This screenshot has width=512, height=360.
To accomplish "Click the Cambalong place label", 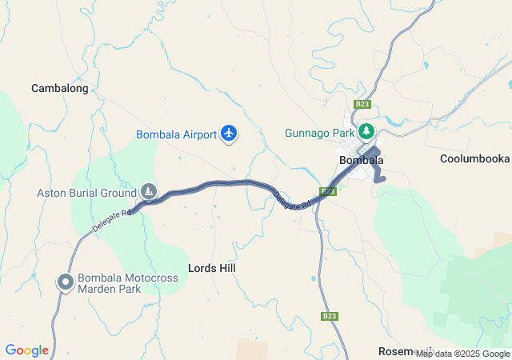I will (59, 89).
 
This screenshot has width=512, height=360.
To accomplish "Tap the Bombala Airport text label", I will (177, 134).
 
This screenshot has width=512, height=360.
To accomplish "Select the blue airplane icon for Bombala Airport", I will (230, 133).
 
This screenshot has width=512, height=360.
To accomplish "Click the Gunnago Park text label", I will (318, 133).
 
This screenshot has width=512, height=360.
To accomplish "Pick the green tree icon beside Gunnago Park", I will (366, 131).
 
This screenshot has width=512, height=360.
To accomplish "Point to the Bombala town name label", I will (362, 160).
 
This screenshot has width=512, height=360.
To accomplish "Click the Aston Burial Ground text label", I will (86, 192).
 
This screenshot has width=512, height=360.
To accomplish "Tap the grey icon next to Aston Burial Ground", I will (149, 191).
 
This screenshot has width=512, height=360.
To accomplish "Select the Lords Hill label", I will (212, 268).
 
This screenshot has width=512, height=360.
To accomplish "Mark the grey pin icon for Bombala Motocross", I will (65, 282).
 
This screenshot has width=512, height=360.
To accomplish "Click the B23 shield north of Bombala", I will (362, 105).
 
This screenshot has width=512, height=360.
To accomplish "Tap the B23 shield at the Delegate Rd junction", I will (328, 191).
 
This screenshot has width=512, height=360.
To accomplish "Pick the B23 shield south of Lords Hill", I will (330, 316).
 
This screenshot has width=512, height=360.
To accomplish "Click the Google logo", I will (26, 350).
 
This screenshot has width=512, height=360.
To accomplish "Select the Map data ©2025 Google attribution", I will (462, 354).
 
